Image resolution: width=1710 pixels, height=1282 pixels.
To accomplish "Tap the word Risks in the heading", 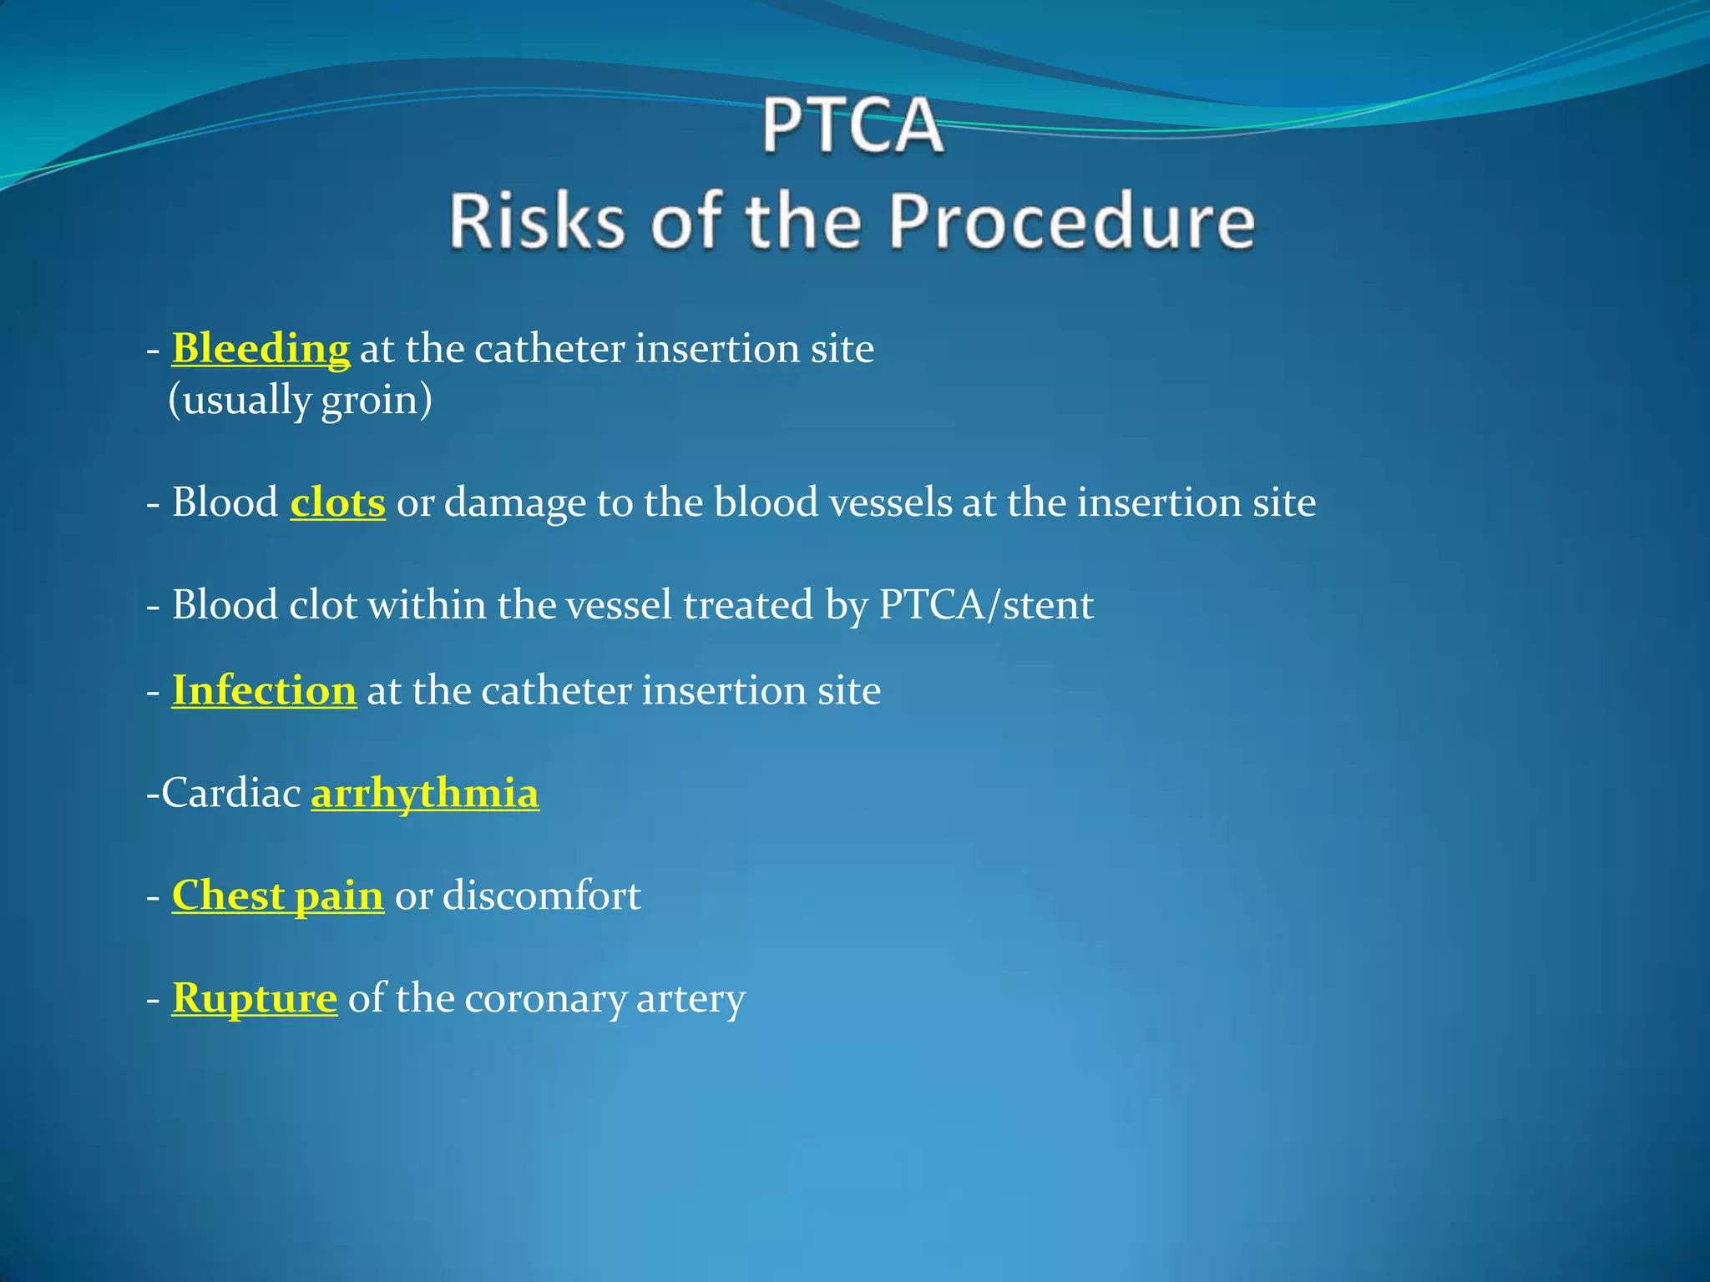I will (x=536, y=221).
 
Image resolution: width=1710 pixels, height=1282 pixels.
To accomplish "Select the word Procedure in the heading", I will (x=1071, y=221).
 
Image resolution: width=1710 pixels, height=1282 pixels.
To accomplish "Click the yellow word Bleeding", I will (x=261, y=348).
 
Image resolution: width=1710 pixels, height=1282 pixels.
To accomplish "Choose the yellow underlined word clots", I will (x=337, y=502).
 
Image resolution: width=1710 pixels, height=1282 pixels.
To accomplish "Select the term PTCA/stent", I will (x=986, y=605).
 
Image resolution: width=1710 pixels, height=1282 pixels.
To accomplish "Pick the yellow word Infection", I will (x=264, y=691).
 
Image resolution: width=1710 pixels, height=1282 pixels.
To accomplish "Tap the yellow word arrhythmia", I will (x=425, y=793).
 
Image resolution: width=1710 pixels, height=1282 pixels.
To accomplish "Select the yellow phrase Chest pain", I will (x=277, y=896).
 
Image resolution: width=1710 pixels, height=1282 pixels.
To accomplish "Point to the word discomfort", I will (x=541, y=896).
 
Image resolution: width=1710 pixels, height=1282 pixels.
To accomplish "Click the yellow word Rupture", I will (x=255, y=998).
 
